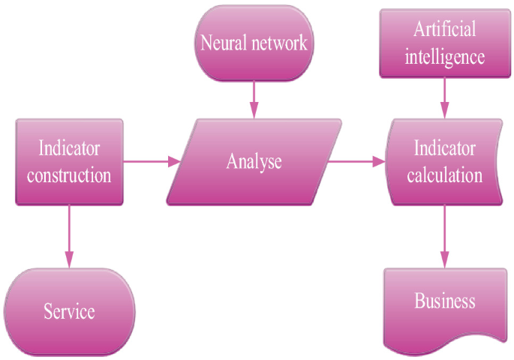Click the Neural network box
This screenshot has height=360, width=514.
click(x=254, y=43)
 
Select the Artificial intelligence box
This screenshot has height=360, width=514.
click(x=445, y=43)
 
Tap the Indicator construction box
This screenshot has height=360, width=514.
click(x=69, y=161)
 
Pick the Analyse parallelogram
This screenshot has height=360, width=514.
click(x=254, y=161)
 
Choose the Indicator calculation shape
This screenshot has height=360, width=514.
click(x=445, y=161)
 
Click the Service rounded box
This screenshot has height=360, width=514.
click(x=69, y=311)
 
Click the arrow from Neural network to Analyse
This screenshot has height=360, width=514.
click(x=254, y=97)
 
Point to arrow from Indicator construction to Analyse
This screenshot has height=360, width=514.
click(x=150, y=161)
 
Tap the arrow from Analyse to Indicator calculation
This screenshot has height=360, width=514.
click(x=356, y=161)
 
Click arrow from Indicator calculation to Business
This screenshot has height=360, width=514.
click(x=445, y=236)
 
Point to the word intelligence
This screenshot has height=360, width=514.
click(x=445, y=57)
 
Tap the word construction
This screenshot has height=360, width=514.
click(x=69, y=176)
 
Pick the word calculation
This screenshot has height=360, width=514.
click(x=445, y=176)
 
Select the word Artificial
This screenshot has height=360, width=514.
click(x=445, y=30)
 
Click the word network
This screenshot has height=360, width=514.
click(x=278, y=43)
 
